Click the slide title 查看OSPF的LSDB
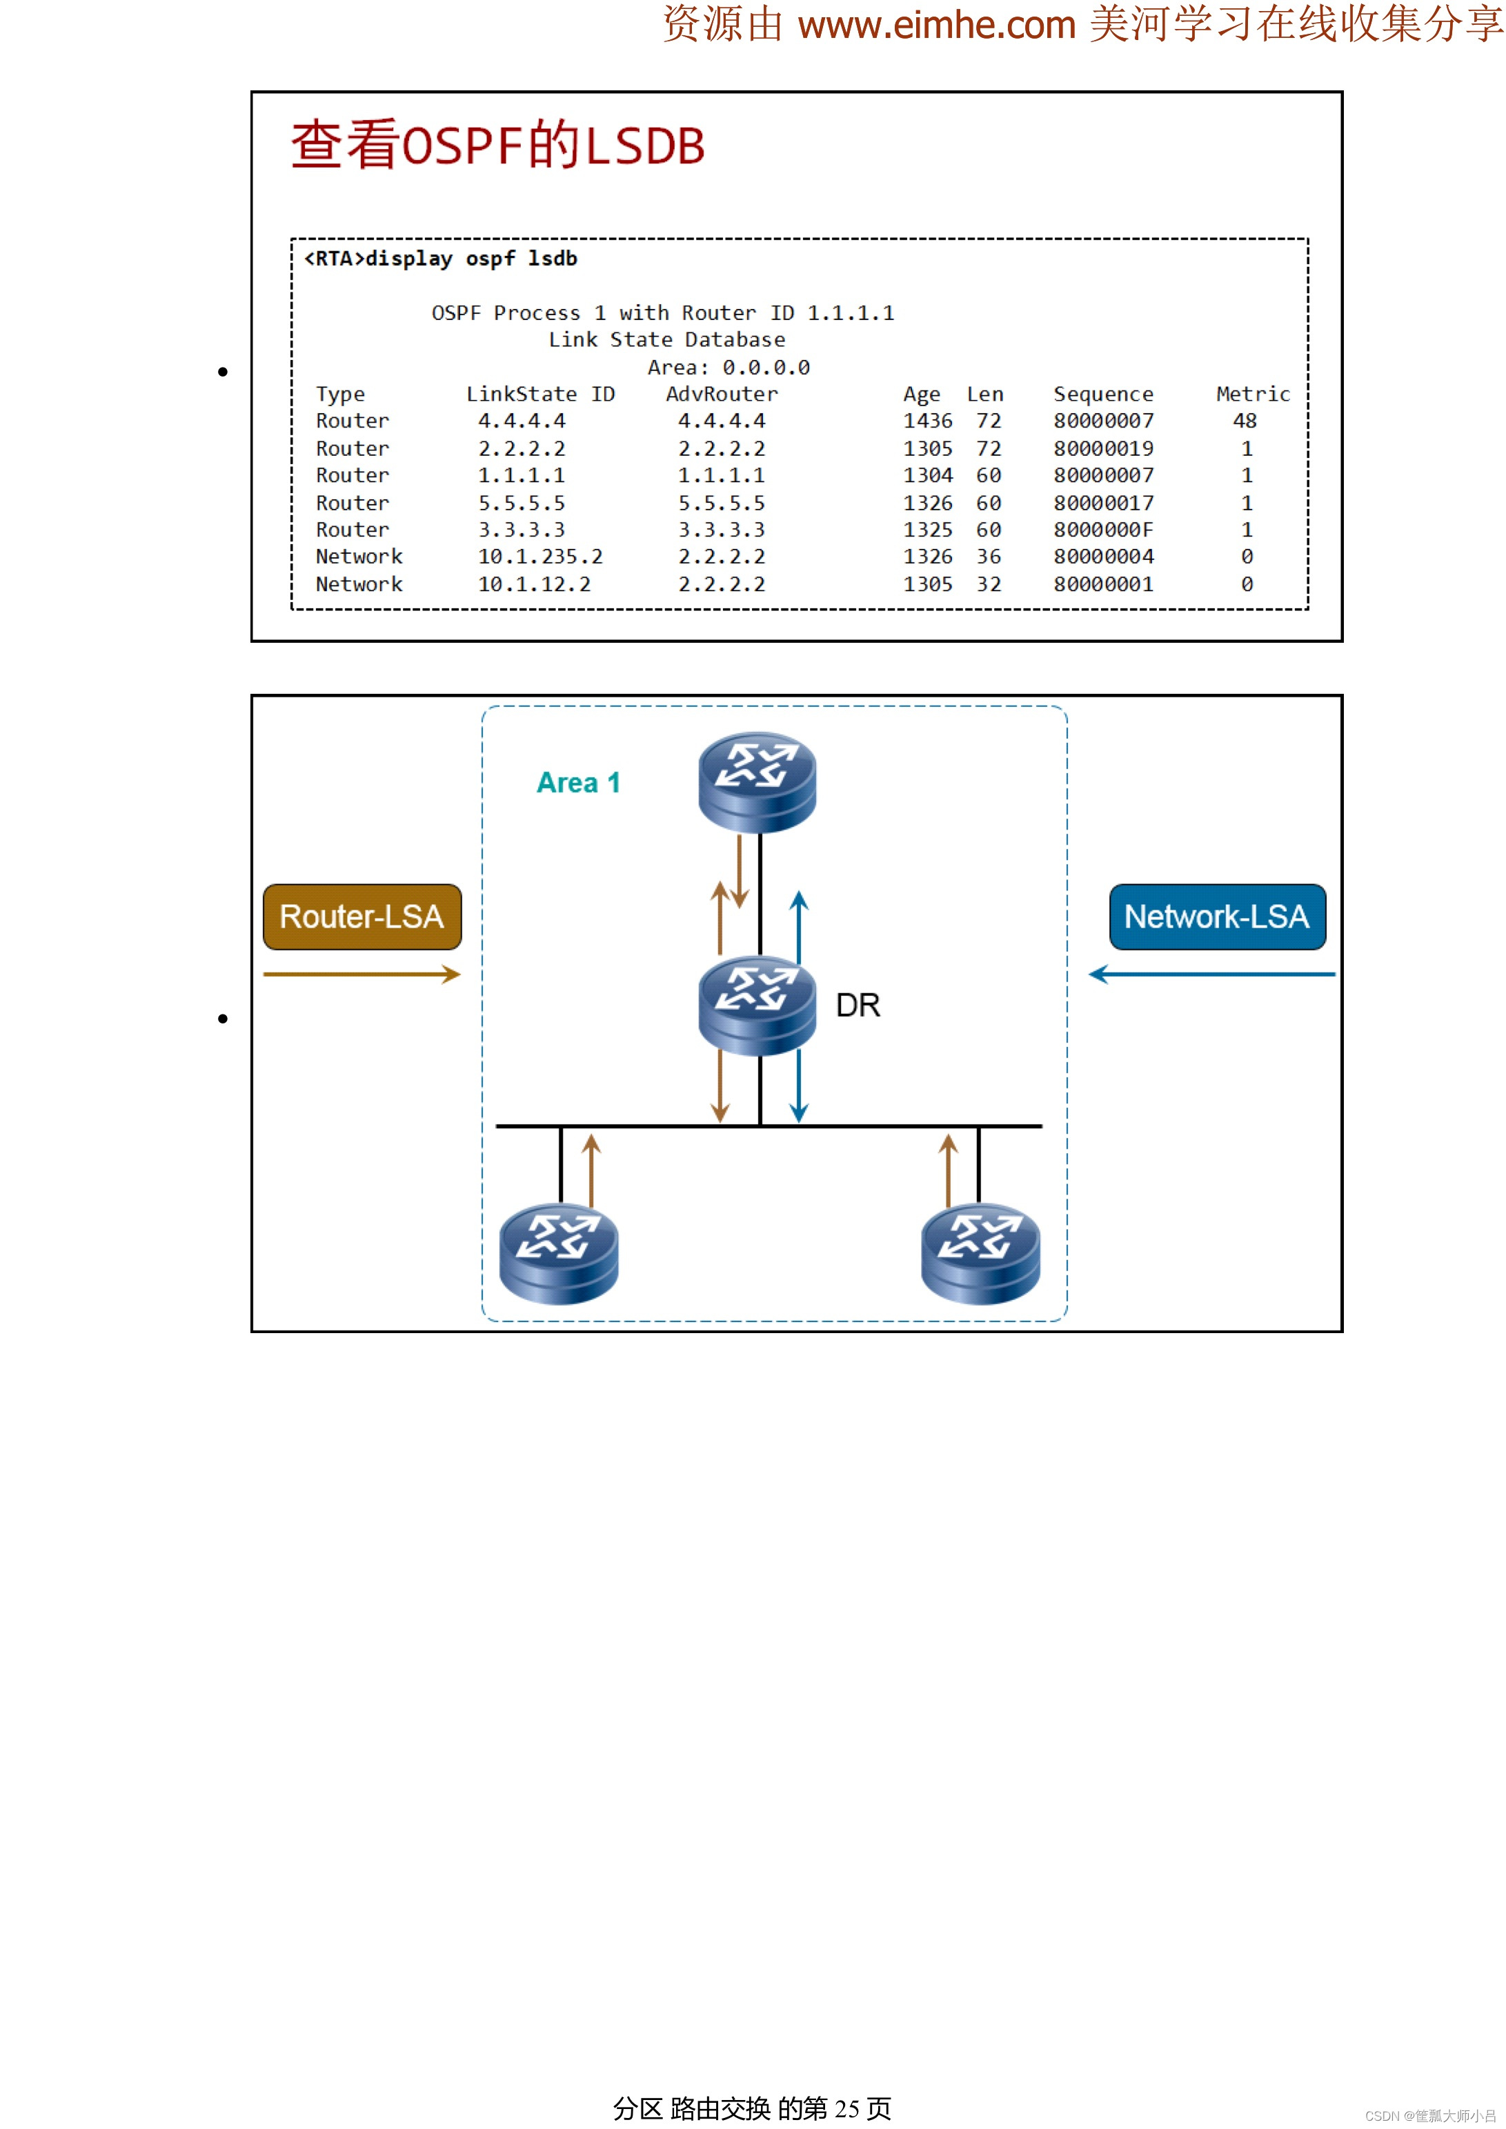point(498,146)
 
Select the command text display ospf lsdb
point(471,259)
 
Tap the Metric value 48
point(1245,421)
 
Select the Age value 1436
point(927,421)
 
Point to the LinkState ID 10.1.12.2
point(534,584)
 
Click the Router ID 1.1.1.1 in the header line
point(851,313)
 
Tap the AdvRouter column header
point(722,394)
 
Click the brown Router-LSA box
point(361,917)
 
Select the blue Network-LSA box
point(1217,917)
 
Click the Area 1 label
point(577,783)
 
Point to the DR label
point(858,1005)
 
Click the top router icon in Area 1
point(757,781)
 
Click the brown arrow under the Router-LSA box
point(361,974)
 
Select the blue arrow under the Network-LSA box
point(1211,974)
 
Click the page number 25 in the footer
point(846,2108)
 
